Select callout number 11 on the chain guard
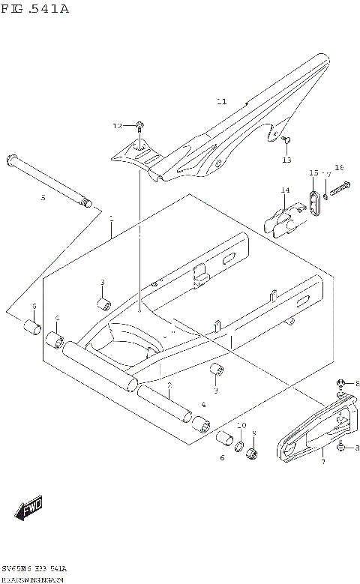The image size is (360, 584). coord(220,101)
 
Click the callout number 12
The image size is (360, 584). coord(117,125)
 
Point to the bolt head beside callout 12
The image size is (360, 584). coord(140,124)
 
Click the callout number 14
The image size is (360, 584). coord(285,190)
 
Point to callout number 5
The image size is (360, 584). coord(43,197)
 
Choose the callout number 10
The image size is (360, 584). coord(241,425)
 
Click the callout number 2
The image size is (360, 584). coord(170,385)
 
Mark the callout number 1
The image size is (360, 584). coord(110,218)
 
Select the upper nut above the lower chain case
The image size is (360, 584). coord(341,385)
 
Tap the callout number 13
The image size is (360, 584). coord(286,160)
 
